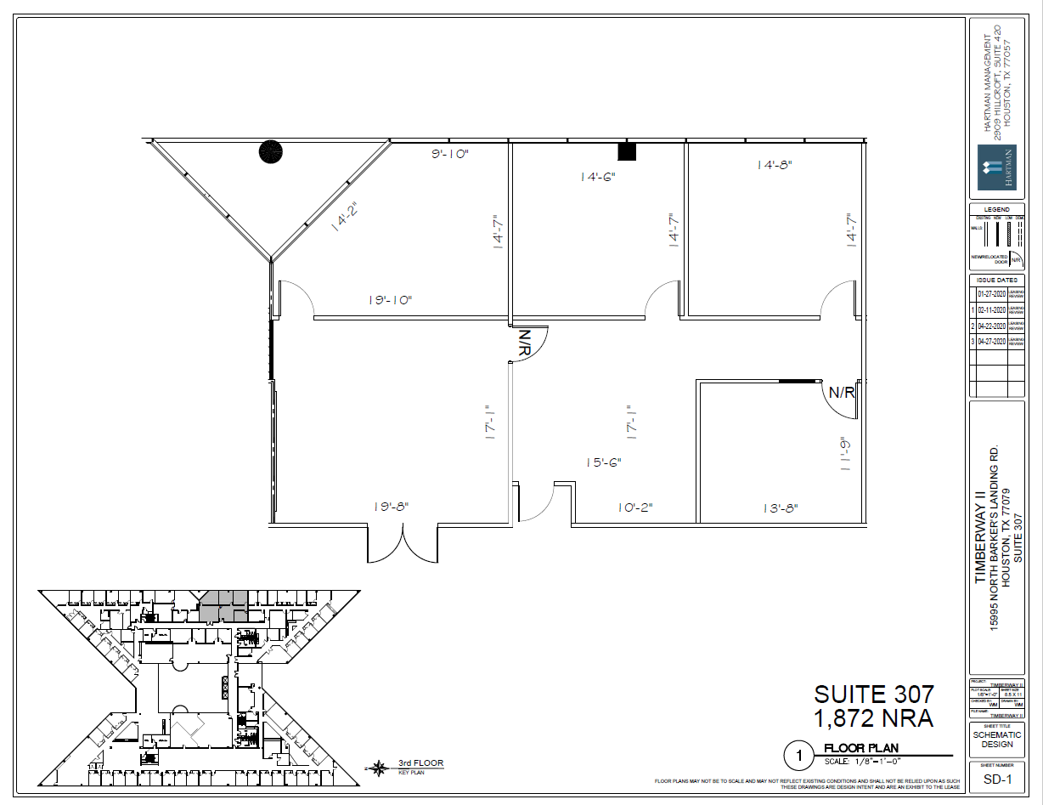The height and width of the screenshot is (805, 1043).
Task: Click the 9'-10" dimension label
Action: click(x=450, y=154)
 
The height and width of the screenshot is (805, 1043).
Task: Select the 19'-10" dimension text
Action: click(x=390, y=299)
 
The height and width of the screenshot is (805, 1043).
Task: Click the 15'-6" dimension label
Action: click(x=603, y=462)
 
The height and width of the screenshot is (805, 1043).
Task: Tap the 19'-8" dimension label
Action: click(x=391, y=506)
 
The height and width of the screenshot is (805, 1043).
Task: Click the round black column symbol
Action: click(x=271, y=152)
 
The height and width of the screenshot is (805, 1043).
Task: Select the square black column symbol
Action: click(x=627, y=151)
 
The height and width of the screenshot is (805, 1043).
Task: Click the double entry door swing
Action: click(x=403, y=544)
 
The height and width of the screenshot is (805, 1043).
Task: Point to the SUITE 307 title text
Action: click(x=874, y=694)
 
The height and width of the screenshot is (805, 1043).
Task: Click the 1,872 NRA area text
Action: click(x=874, y=719)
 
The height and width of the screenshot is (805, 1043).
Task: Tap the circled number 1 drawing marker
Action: click(x=798, y=754)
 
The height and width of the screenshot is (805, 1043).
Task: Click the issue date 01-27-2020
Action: click(x=991, y=293)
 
